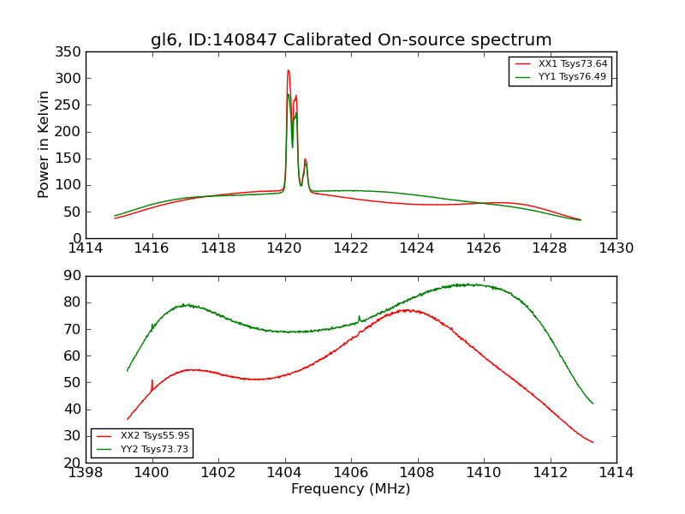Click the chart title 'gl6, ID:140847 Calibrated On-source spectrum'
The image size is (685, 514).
pyautogui.click(x=351, y=40)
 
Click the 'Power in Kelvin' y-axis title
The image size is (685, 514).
pyautogui.click(x=44, y=145)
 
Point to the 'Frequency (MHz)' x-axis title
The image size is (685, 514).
pyautogui.click(x=351, y=489)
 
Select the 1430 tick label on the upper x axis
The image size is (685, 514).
pyautogui.click(x=616, y=248)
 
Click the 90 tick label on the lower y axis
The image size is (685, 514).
pyautogui.click(x=73, y=276)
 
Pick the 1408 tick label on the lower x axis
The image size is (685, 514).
pyautogui.click(x=417, y=473)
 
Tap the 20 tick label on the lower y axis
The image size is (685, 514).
pyautogui.click(x=73, y=463)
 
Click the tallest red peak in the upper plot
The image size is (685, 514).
pyautogui.click(x=288, y=71)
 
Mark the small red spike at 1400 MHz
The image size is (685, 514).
pyautogui.click(x=152, y=381)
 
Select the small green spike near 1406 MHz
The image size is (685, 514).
pyautogui.click(x=359, y=317)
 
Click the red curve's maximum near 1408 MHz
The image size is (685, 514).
pyautogui.click(x=408, y=310)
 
